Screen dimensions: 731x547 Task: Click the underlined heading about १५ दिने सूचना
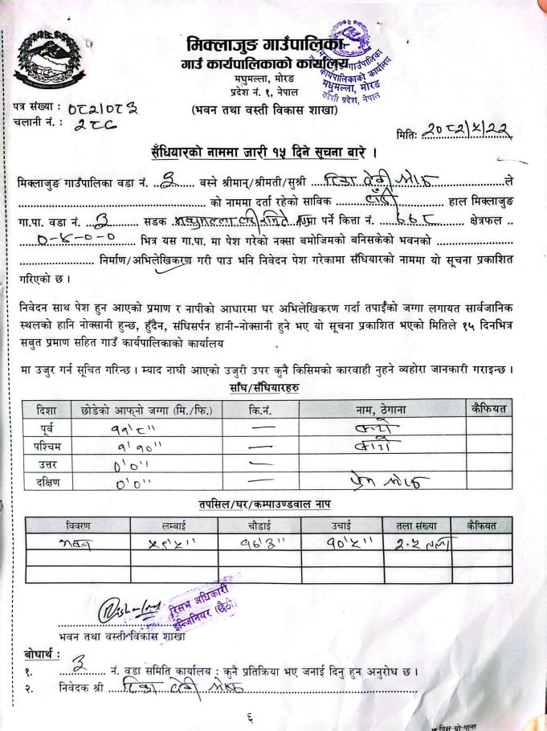(x=263, y=153)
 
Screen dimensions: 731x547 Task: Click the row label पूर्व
(x=47, y=427)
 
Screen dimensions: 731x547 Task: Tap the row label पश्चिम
(x=47, y=445)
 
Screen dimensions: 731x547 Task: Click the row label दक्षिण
(x=47, y=482)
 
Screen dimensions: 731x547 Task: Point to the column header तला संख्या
(x=416, y=525)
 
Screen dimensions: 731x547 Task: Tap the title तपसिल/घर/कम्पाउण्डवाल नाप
(x=265, y=504)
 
